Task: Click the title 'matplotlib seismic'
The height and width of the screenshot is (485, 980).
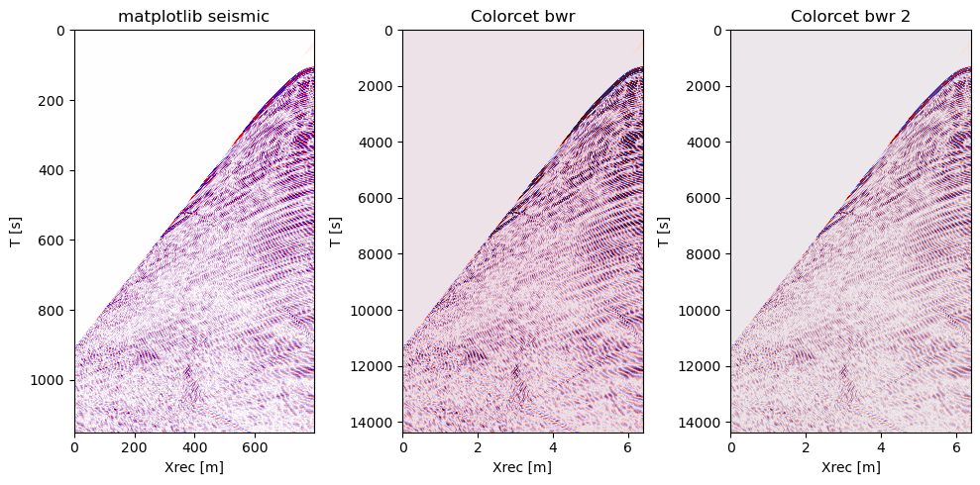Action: [x=194, y=16]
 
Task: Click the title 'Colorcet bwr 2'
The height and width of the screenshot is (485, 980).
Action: [x=850, y=16]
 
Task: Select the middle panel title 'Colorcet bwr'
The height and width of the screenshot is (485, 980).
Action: [x=522, y=16]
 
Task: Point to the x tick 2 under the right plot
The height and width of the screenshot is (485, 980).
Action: [x=806, y=446]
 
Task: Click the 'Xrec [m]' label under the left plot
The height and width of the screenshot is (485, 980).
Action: [x=194, y=467]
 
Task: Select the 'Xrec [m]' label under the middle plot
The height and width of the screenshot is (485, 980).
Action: [x=522, y=467]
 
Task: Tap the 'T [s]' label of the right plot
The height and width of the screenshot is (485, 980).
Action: [x=664, y=232]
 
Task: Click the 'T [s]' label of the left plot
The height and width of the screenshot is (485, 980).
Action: [x=15, y=232]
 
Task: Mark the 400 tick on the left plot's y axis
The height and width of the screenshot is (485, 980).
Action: [x=54, y=170]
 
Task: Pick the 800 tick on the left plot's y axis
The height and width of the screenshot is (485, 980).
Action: [x=54, y=310]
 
